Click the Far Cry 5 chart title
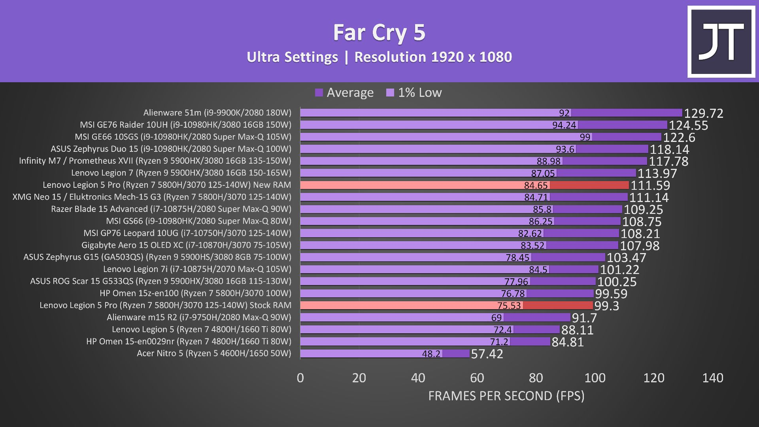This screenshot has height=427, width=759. [379, 32]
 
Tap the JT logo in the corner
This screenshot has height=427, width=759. [721, 42]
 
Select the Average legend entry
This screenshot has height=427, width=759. [344, 93]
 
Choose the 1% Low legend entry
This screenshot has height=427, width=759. [414, 93]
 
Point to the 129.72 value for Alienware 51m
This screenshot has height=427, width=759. [704, 113]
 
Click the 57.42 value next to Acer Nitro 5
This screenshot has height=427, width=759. [487, 354]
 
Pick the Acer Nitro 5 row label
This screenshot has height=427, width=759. [214, 353]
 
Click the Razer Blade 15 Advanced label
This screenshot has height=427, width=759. [171, 209]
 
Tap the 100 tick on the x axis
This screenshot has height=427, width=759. [595, 378]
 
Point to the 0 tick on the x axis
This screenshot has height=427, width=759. [300, 378]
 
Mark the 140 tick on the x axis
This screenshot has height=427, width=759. [713, 378]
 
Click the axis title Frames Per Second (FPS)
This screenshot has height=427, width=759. [506, 396]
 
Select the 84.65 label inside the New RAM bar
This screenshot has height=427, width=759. [536, 185]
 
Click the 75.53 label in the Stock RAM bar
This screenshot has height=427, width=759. [509, 306]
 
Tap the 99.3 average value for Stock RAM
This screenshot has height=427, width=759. [607, 306]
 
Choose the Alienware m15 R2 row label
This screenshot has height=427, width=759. [199, 317]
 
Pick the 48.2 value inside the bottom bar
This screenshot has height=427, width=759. [431, 354]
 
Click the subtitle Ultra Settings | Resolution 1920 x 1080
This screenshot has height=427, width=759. [379, 57]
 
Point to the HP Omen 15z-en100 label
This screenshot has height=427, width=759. [195, 293]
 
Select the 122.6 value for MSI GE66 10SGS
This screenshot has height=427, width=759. [679, 138]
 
